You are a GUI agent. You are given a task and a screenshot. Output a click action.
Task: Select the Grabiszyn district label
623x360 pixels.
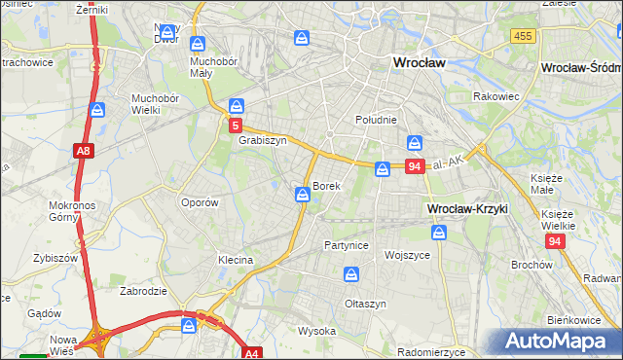click(x=262, y=139)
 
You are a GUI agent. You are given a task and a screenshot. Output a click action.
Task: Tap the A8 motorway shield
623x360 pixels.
click(x=83, y=151)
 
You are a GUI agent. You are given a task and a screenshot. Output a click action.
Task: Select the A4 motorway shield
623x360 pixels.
click(x=252, y=354)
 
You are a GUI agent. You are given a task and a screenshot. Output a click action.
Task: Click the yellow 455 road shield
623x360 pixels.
click(x=522, y=36)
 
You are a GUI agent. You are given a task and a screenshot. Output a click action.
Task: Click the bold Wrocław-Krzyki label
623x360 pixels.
click(x=467, y=209)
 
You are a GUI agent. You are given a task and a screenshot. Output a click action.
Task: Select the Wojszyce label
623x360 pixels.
click(x=407, y=255)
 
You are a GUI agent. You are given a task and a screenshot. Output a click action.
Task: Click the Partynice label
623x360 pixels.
click(x=347, y=245)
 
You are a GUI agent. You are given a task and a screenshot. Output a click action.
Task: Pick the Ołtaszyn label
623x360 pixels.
click(x=366, y=304)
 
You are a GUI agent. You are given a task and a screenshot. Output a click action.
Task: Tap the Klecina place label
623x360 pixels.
click(x=236, y=260)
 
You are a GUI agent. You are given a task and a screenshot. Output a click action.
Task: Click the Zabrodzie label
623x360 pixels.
click(x=142, y=290)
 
